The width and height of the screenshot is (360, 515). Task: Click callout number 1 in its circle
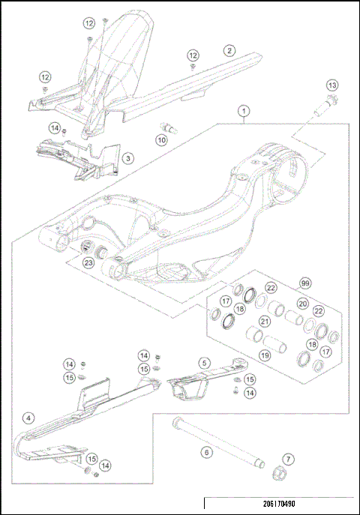tap(243, 111)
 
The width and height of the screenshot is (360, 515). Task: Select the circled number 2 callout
tap(227, 51)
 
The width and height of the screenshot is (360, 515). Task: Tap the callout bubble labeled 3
tap(129, 158)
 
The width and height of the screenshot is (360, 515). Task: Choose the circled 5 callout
tap(202, 361)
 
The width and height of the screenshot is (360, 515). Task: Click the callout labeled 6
tap(203, 452)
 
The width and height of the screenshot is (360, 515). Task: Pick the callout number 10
tap(162, 139)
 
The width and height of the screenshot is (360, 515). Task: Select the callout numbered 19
tap(264, 355)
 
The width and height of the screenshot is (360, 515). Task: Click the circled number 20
tap(302, 304)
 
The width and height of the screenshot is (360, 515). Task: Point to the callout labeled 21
tap(264, 322)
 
